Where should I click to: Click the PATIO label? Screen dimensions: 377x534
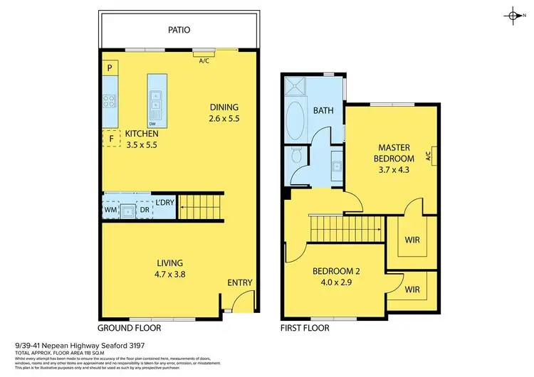tap(179, 30)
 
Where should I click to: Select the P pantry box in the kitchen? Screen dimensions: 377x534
tap(110, 68)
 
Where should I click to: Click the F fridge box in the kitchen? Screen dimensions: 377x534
tap(111, 139)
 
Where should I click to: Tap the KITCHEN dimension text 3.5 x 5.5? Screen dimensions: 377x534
tap(141, 144)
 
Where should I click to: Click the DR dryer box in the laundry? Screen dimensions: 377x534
tap(145, 210)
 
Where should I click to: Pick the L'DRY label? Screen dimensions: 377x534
tap(164, 203)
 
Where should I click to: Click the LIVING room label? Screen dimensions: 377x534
tap(171, 262)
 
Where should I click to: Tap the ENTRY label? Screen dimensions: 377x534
tap(240, 282)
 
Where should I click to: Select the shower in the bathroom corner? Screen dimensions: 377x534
tap(295, 87)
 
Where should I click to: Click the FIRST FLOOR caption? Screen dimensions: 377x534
tap(304, 329)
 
